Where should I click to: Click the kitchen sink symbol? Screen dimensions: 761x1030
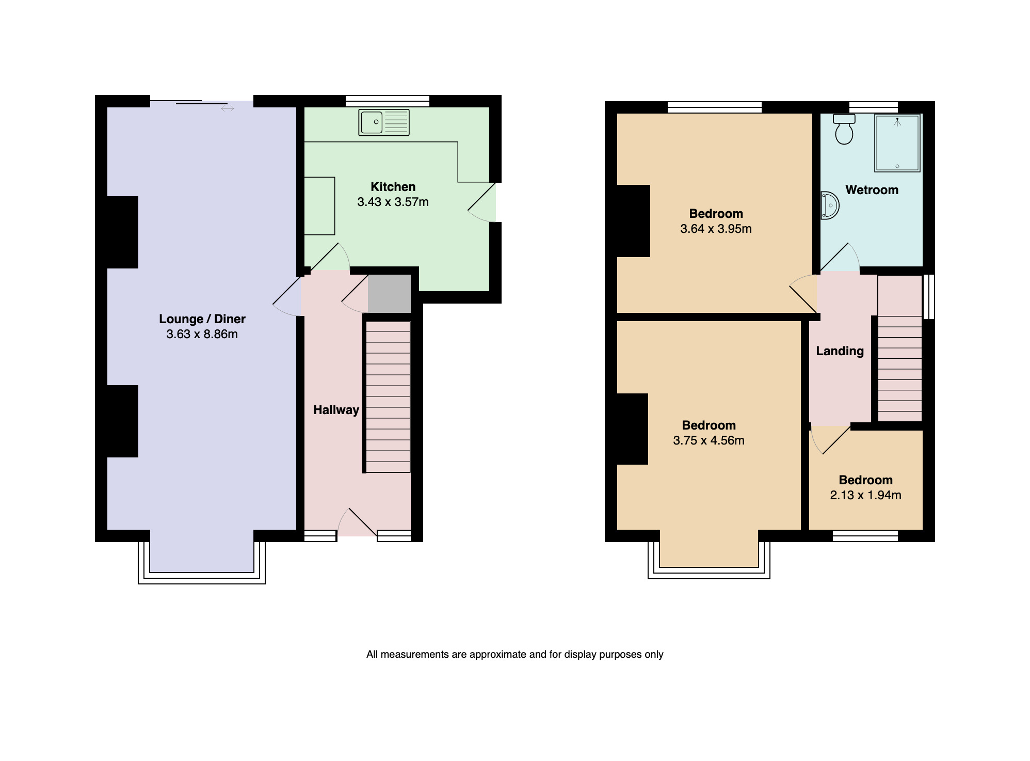tap(384, 123)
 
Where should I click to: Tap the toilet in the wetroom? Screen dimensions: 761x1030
tap(844, 130)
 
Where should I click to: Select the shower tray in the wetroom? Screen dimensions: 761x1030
tap(897, 143)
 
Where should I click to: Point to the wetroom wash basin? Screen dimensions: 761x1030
tap(830, 205)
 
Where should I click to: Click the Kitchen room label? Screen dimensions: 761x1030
tap(393, 187)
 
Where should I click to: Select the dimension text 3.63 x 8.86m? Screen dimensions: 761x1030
tap(202, 334)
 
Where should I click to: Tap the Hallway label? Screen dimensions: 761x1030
tap(336, 410)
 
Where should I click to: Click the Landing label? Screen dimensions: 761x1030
tap(840, 351)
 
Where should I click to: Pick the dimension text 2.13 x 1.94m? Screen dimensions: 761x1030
tap(865, 495)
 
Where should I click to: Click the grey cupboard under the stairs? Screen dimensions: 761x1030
tap(389, 293)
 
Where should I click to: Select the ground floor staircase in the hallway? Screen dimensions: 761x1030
tap(388, 397)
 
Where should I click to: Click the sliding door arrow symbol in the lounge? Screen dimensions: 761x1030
tap(228, 108)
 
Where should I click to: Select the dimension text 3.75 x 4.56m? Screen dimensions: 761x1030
tap(709, 440)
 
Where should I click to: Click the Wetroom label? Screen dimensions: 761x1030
tap(872, 190)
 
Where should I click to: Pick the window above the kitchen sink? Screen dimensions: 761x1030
tap(388, 101)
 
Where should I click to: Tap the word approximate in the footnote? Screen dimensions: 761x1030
tap(498, 655)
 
